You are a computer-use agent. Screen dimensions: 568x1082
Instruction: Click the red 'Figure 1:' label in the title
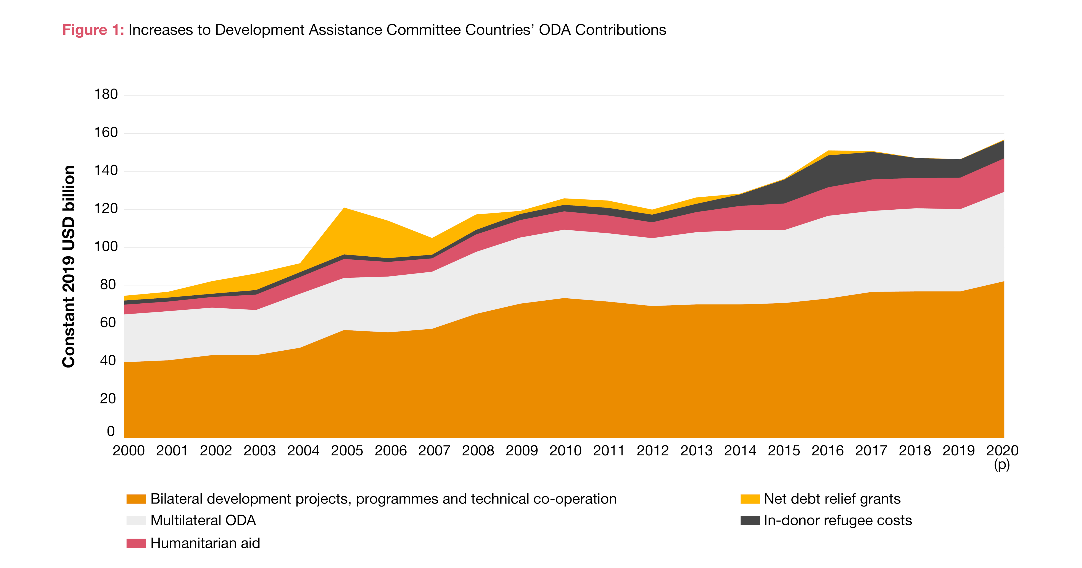point(93,30)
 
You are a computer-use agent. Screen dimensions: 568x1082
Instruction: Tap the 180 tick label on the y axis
point(106,94)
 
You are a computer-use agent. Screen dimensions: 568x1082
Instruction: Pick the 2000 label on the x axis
point(129,451)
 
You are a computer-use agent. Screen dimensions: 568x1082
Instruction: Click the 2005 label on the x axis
point(347,451)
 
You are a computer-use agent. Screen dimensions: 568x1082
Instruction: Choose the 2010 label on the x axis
point(565,451)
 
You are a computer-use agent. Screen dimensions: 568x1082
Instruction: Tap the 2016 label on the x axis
point(828,451)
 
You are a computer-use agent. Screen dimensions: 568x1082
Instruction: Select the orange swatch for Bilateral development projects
point(136,499)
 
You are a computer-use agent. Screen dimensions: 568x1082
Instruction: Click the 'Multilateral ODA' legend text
point(203,521)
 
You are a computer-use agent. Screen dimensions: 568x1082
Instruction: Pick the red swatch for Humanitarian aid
point(136,543)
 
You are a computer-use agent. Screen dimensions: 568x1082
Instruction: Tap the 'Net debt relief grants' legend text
point(832,499)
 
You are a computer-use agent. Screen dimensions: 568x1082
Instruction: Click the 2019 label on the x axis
point(958,451)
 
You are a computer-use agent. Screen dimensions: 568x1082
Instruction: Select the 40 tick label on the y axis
point(108,361)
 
